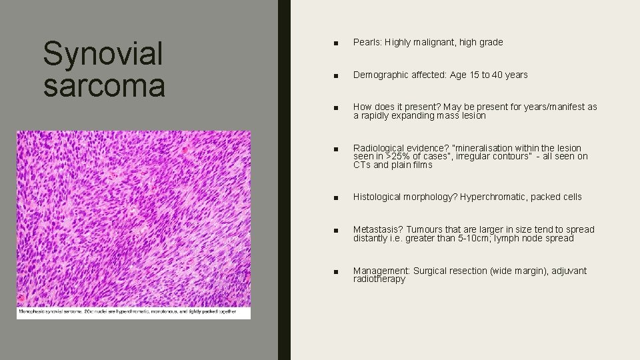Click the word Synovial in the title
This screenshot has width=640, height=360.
103,55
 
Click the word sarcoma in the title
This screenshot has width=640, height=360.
103,86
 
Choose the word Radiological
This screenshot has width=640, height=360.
376,148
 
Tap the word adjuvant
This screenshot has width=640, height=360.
569,271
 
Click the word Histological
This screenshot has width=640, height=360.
377,197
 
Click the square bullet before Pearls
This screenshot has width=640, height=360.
338,43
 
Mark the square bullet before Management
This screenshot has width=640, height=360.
338,271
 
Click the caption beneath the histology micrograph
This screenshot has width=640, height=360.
127,311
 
